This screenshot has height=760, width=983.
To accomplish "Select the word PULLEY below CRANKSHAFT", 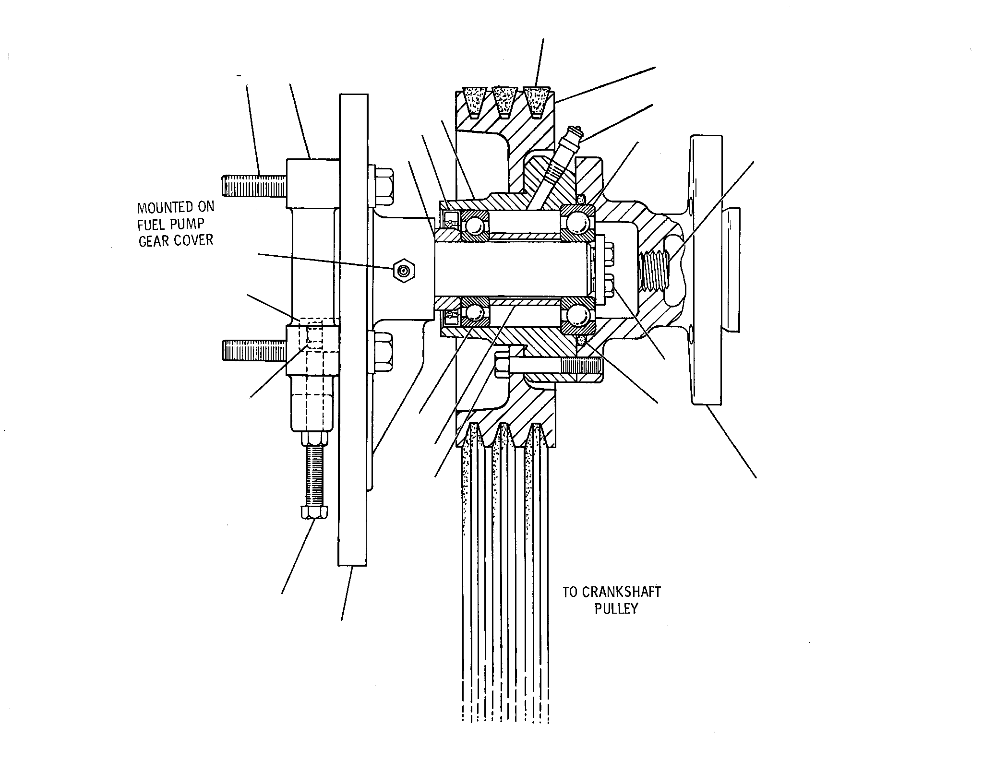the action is pos(616,608).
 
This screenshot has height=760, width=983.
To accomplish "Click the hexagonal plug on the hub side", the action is pos(404,271).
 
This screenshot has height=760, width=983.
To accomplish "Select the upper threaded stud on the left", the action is pos(254,186).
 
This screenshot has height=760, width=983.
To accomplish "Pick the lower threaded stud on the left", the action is pos(254,350).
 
